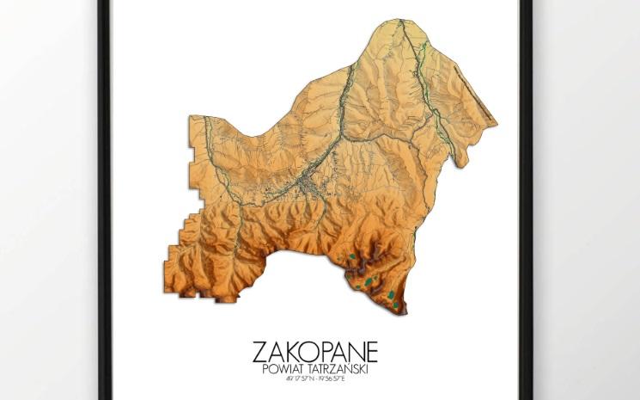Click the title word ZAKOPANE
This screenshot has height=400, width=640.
coord(314,353)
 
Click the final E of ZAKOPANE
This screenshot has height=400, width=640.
coord(369,353)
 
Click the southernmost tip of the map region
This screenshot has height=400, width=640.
coord(404,312)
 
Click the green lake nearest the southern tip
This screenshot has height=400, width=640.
coord(392,295)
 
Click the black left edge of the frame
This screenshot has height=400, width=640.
coord(105,198)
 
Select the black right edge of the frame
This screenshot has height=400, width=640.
coord(526,198)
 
